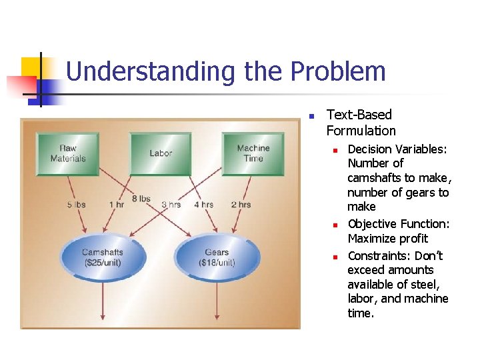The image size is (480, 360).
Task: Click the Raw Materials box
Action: (x=67, y=154)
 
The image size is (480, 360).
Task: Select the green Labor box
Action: (x=161, y=154)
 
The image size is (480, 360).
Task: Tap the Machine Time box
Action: (x=253, y=154)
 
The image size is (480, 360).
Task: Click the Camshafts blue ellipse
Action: (x=102, y=257)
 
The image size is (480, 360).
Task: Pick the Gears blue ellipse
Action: (x=216, y=257)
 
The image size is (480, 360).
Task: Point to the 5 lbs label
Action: (x=77, y=205)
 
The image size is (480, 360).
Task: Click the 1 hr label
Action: (x=117, y=205)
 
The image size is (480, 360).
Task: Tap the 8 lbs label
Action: (x=141, y=199)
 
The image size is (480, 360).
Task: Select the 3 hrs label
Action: (x=171, y=205)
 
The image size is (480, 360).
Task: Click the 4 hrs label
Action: (x=203, y=205)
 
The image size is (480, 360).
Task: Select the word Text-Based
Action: (x=359, y=115)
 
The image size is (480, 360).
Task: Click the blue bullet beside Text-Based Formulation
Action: (x=311, y=116)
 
